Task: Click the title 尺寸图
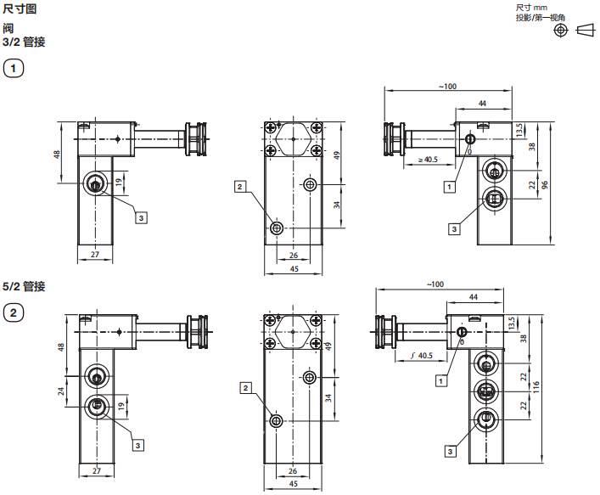click(x=20, y=8)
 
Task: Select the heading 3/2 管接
click(x=24, y=42)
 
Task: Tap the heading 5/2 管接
click(x=24, y=286)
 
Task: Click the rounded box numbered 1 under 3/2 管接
click(x=14, y=69)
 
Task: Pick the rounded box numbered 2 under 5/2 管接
click(x=14, y=312)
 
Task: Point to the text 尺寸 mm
click(x=531, y=8)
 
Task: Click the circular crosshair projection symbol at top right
click(x=561, y=31)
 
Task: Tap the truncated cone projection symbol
click(x=586, y=31)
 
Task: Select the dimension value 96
click(x=545, y=184)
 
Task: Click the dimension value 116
click(x=536, y=386)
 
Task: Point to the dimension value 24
click(x=61, y=391)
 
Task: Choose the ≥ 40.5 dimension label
click(x=428, y=160)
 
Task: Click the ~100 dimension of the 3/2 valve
click(x=448, y=86)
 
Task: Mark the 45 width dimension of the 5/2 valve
click(x=293, y=484)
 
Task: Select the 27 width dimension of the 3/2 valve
click(x=95, y=254)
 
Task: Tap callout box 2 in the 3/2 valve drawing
click(x=240, y=187)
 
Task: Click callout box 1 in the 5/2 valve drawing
click(x=440, y=381)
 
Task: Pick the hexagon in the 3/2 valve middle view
click(x=293, y=139)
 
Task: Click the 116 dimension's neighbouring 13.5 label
click(x=513, y=323)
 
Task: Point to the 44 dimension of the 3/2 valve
click(x=482, y=104)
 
